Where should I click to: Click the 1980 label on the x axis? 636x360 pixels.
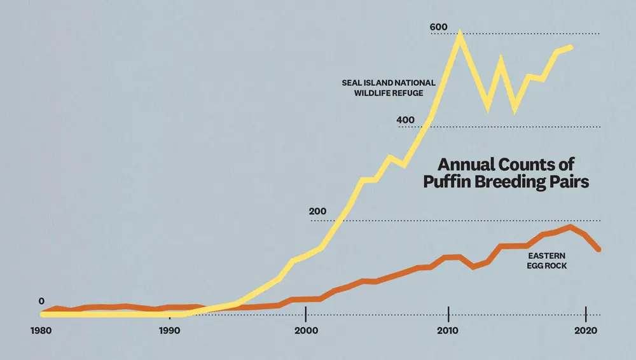click(x=41, y=331)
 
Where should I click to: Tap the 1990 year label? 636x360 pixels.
click(x=169, y=331)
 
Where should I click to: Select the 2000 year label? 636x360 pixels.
click(x=306, y=331)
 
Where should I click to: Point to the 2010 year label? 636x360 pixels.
click(x=448, y=331)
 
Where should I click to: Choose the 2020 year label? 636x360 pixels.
click(x=585, y=331)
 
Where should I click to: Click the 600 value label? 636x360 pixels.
click(x=439, y=27)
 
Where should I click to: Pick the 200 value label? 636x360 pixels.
click(x=318, y=212)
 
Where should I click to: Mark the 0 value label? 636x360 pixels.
click(x=41, y=301)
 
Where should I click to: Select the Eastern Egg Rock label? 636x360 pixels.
click(x=546, y=261)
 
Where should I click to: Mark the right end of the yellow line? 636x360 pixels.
click(x=571, y=47)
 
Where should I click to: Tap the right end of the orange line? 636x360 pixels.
click(x=598, y=249)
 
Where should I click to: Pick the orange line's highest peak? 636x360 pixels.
click(x=570, y=226)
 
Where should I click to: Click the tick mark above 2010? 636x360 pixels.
click(x=448, y=314)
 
